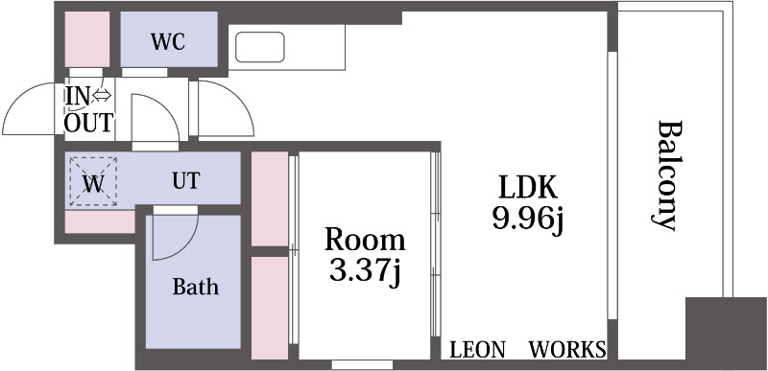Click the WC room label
(168, 42)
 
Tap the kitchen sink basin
(259, 47)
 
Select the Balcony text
(666, 175)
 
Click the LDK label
(527, 187)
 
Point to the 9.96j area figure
(528, 220)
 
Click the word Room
(365, 241)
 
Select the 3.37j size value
(365, 271)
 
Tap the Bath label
(196, 287)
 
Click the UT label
(186, 181)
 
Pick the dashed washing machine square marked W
(93, 181)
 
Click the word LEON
(477, 350)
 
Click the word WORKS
(567, 350)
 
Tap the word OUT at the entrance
(88, 123)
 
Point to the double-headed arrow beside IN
(102, 96)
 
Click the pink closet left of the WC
(87, 39)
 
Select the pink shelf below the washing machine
(100, 221)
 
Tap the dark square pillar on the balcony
(726, 334)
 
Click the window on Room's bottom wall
(362, 364)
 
